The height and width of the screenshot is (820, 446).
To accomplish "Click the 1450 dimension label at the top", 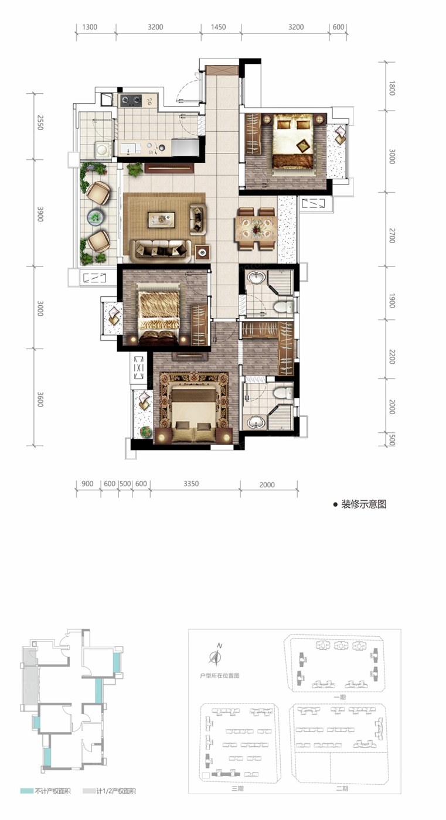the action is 218,27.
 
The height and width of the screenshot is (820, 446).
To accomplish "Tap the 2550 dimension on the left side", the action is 40,122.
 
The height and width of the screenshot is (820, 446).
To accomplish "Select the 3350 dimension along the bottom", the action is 191,484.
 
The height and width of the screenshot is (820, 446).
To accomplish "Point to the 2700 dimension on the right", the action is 392,235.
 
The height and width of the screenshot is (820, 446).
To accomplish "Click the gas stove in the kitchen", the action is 131,100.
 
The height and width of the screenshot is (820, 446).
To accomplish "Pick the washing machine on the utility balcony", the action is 103,149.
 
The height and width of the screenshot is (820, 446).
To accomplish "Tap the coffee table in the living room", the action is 161,219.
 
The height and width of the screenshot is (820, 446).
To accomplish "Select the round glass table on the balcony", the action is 96,217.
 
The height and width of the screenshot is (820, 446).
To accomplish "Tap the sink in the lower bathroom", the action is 256,422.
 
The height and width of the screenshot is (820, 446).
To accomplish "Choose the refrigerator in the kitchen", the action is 185,146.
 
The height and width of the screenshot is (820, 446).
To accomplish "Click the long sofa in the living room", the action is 161,251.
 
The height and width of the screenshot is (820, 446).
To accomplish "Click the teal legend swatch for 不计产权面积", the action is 27,791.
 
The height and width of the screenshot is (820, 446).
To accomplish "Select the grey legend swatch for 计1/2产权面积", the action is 89,791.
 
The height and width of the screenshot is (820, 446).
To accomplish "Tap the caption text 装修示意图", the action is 363,504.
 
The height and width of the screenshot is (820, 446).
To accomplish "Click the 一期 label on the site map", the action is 340,698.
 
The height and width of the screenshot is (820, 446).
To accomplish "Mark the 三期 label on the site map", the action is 237,788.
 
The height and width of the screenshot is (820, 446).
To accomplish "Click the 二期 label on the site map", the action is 342,788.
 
